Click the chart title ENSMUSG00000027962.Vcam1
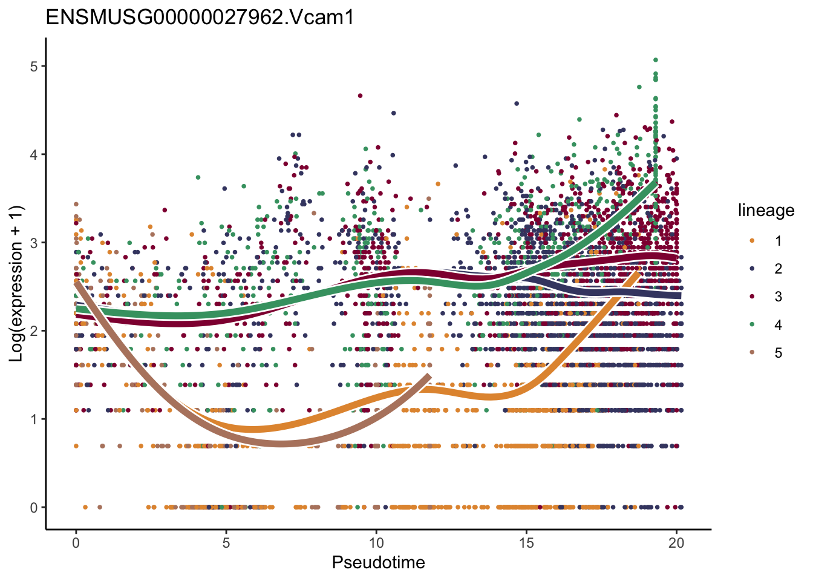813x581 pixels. coord(200,18)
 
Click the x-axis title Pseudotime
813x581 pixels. coord(378,563)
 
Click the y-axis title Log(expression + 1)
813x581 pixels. coord(16,284)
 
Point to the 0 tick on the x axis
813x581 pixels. coord(76,543)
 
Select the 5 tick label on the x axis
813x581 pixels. coord(226,543)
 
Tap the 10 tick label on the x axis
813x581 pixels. coord(376,543)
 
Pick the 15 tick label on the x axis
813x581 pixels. coord(526,543)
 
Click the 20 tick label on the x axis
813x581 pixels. coord(676,543)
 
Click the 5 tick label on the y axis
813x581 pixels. coord(34,66)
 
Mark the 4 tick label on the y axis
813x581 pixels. coord(34,154)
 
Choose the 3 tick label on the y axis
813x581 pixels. coord(34,243)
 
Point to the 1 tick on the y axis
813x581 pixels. coord(34,419)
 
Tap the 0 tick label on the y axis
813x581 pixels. coord(34,508)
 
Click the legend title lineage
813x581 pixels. coord(766,211)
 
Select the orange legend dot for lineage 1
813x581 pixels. coord(752,241)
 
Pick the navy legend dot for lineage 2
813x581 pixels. coord(752,269)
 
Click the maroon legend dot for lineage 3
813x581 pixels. coord(752,297)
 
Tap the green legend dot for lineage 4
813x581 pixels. coord(752,325)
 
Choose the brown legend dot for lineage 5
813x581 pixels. coord(752,353)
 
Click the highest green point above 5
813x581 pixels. coord(655,60)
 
